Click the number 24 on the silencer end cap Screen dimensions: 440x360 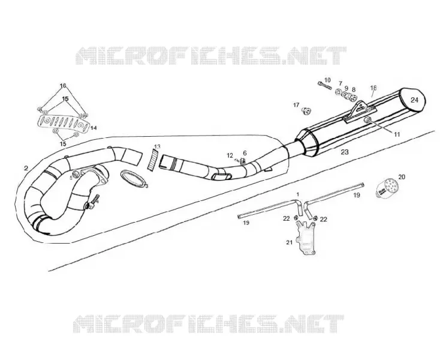(414, 100)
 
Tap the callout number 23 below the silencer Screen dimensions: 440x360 (345, 152)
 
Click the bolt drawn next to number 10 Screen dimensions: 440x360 (324, 85)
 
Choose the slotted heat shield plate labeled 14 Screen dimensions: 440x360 (64, 124)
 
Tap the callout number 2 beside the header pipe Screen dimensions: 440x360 (26, 168)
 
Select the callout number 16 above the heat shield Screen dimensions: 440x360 (63, 86)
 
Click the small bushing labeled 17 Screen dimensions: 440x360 (306, 112)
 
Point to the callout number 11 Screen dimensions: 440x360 (397, 134)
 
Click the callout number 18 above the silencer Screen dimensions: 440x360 (373, 88)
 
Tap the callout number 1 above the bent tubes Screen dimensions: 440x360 (298, 194)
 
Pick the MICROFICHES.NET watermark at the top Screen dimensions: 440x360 (211, 56)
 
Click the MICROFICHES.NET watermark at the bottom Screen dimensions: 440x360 (208, 324)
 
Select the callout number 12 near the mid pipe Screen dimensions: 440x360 (230, 155)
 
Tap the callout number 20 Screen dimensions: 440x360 (402, 177)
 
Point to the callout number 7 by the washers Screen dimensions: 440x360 (340, 83)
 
